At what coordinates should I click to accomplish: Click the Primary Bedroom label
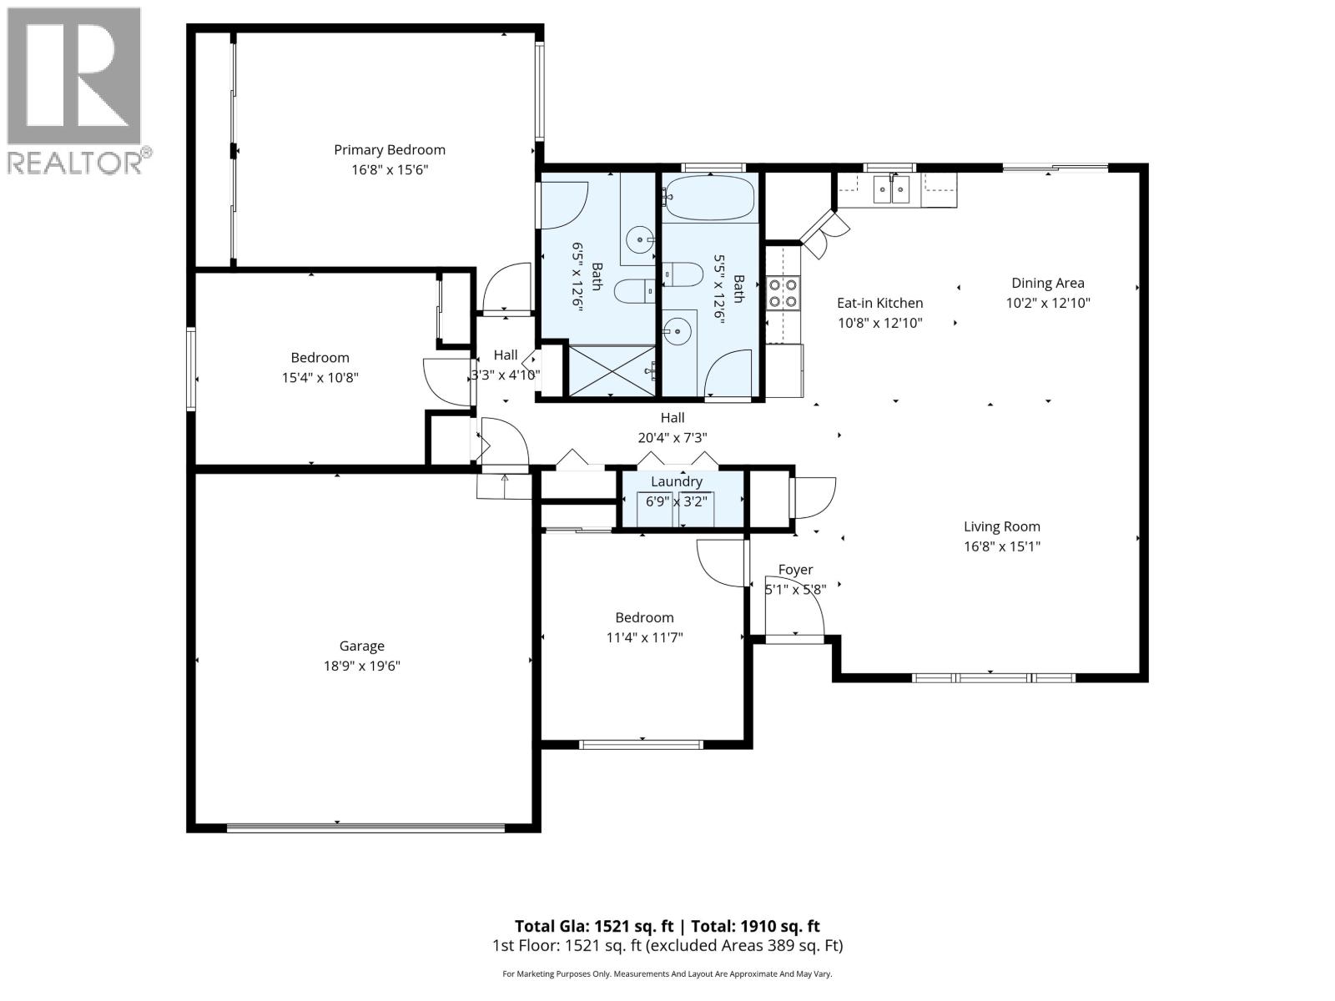point(390,150)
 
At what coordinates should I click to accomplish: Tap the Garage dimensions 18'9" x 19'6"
point(362,666)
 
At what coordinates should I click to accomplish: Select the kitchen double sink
point(892,189)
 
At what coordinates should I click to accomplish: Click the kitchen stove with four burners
point(783,293)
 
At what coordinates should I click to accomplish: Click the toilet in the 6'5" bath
point(634,291)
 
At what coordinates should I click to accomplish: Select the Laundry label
point(677,482)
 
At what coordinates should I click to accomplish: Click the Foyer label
point(795,570)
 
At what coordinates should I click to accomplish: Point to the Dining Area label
point(1048,283)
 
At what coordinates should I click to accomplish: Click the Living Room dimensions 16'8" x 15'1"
point(1002,547)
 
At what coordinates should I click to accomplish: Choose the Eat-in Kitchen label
point(879,303)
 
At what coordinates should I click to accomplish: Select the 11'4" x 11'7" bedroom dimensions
point(644,638)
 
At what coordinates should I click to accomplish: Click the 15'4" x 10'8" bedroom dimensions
point(320,378)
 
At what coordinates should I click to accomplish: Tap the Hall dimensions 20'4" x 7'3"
point(673,437)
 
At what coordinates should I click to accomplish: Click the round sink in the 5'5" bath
point(681,331)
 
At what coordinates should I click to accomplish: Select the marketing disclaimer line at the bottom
point(667,973)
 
